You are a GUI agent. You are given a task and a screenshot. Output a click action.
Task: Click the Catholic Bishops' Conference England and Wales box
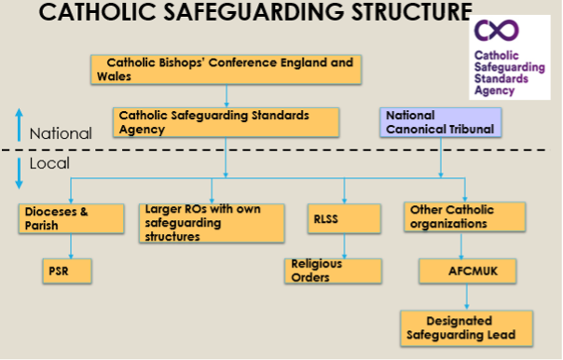coord(226,70)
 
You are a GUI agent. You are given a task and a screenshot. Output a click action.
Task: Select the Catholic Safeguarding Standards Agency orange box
coord(226,122)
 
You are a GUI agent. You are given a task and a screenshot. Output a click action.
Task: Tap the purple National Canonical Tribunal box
coord(441,122)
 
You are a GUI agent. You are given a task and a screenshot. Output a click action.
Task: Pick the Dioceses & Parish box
coord(72,219)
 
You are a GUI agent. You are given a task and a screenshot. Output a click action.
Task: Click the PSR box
coord(67,271)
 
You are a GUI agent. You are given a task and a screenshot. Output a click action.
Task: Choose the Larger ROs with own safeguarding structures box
coord(212,223)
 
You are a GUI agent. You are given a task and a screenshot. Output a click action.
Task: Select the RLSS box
coord(344,219)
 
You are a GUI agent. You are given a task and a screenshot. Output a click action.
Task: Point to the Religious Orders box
coord(333,271)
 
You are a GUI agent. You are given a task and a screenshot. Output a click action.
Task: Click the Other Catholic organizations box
coord(465,217)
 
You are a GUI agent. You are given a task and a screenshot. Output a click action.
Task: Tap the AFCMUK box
coord(468,271)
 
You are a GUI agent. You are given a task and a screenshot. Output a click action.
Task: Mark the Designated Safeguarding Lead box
coord(467,328)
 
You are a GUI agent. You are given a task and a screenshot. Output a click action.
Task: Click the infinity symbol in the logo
coord(497,30)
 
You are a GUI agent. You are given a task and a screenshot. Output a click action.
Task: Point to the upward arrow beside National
coord(20,125)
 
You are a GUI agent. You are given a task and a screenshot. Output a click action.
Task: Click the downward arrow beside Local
coord(20,173)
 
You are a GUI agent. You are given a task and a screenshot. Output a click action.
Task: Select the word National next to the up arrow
coord(61,133)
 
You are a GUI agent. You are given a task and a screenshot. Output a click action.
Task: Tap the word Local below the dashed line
coord(49,163)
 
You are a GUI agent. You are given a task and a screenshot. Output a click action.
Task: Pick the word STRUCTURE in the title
coord(412,11)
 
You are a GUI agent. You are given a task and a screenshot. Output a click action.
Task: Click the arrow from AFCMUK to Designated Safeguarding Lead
coord(467,297)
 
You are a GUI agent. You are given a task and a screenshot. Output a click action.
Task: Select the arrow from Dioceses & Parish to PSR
coord(71,246)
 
